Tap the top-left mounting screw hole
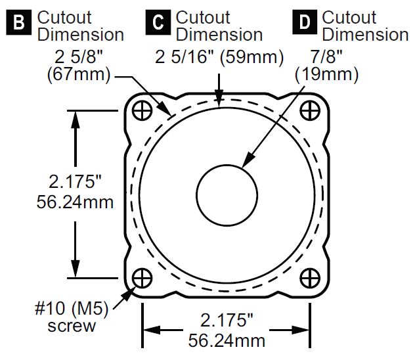coord(142,111)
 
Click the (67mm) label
coord(79,75)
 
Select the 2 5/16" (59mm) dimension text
coord(218,58)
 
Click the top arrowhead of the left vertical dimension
coord(78,118)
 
